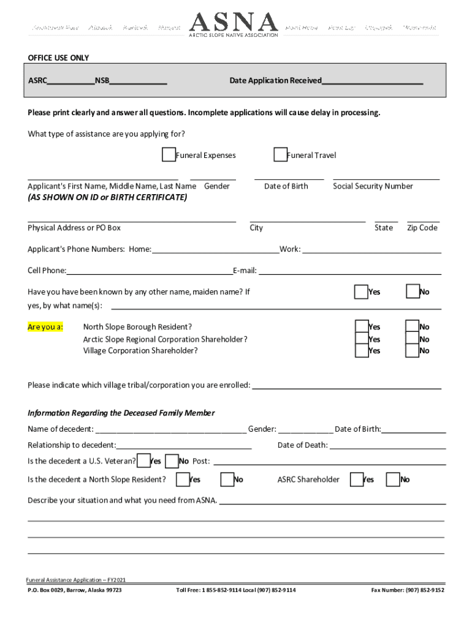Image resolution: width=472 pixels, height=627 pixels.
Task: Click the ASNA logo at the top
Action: (234, 24)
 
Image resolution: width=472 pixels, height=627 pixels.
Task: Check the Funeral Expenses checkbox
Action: (169, 155)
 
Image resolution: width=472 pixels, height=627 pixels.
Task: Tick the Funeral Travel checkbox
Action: (280, 155)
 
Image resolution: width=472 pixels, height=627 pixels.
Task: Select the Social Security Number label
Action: (373, 186)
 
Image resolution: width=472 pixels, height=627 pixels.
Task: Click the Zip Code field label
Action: (422, 228)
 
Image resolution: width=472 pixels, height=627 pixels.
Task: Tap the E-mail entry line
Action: (349, 271)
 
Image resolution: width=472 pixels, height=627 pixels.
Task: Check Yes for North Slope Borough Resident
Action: (362, 327)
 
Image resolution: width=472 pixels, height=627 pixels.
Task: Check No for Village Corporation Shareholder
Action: (413, 351)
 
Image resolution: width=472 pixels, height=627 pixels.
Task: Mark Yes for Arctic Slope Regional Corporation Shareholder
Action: (362, 339)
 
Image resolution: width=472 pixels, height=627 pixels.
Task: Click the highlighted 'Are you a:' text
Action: (45, 327)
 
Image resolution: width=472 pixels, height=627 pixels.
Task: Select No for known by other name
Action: (413, 292)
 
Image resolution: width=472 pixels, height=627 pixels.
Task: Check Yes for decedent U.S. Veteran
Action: (144, 460)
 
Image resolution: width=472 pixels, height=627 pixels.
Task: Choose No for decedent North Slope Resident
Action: (227, 479)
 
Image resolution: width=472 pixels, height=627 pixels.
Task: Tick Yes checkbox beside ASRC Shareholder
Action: (356, 479)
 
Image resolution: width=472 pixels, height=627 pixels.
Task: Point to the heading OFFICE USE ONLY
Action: (58, 58)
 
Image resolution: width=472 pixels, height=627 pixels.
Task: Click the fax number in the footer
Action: (408, 590)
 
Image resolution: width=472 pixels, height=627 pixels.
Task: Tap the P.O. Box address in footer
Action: (74, 590)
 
